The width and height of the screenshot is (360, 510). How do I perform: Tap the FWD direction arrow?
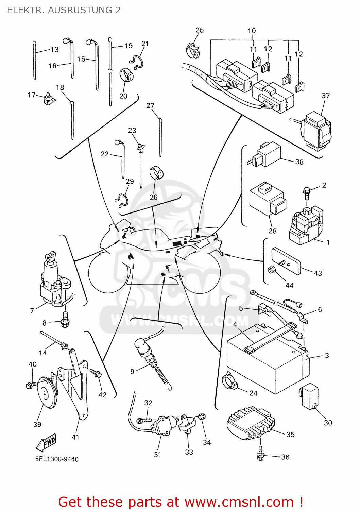46,442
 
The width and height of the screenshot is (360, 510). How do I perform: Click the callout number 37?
325,96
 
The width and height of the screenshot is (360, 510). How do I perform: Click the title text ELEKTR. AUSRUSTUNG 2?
64,10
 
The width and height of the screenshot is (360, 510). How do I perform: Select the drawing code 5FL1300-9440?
57,459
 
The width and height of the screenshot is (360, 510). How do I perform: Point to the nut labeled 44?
272,270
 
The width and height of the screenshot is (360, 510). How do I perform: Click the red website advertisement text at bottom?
180,502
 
